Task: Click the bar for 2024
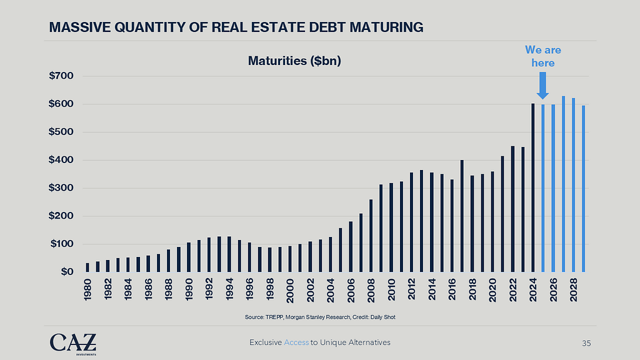point(533,187)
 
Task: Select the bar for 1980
point(87,267)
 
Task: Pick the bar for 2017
point(462,216)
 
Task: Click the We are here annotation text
point(542,56)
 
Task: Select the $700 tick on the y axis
point(61,76)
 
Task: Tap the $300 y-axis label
point(61,188)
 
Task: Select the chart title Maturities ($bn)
point(294,61)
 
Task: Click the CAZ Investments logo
point(73,343)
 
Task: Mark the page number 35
point(586,343)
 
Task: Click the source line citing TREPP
point(320,317)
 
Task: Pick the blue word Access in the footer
point(296,342)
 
